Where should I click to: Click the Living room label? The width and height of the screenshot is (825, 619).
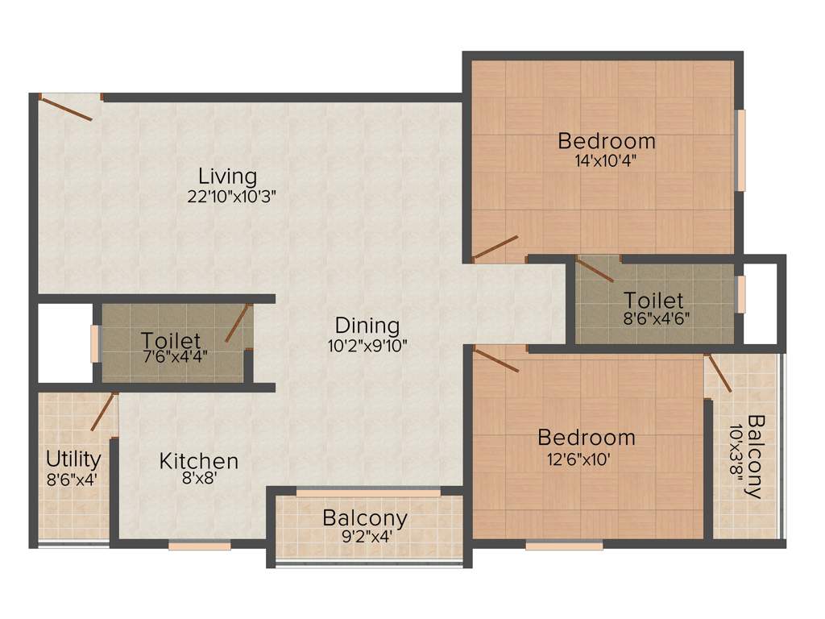coord(228,176)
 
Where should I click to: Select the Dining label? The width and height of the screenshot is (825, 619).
coord(367,326)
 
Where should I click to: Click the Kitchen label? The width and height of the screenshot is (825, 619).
coord(199,461)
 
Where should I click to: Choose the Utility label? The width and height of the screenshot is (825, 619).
coord(73,459)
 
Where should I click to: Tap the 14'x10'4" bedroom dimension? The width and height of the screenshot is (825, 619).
coord(607,160)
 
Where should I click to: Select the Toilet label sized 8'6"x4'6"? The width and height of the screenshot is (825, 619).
coord(653,301)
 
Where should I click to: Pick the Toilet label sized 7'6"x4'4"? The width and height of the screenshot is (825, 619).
coord(171,340)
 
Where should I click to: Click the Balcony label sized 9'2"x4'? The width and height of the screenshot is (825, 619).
coord(365,517)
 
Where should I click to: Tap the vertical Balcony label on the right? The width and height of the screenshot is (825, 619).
coord(756,456)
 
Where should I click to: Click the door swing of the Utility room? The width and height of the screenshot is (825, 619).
coord(104,412)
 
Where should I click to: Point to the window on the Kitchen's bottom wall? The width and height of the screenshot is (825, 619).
coord(200,546)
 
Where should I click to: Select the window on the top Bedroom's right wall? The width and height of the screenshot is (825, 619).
coord(740,150)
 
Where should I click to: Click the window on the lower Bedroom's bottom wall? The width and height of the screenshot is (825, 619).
coord(564,546)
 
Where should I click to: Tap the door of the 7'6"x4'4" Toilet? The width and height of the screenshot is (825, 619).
coord(237,324)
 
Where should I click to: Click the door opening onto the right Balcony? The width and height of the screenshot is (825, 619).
coord(719,373)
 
